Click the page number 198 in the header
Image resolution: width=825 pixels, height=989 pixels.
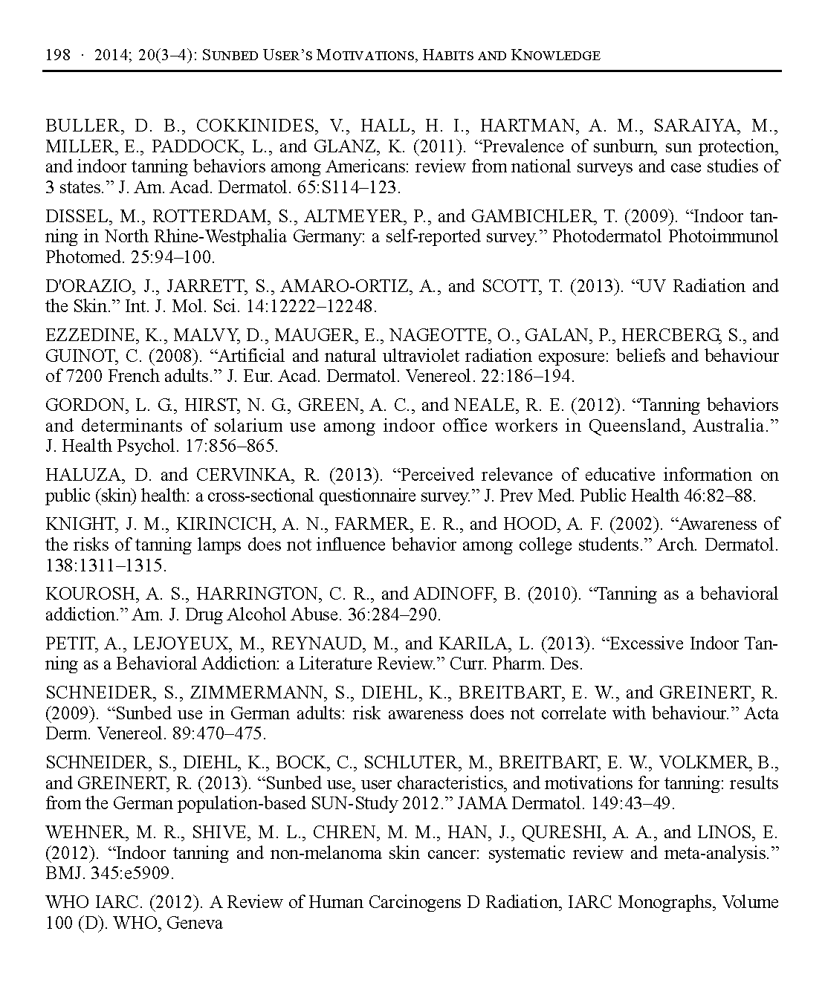click(x=58, y=56)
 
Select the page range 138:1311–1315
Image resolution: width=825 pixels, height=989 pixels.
click(x=106, y=565)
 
